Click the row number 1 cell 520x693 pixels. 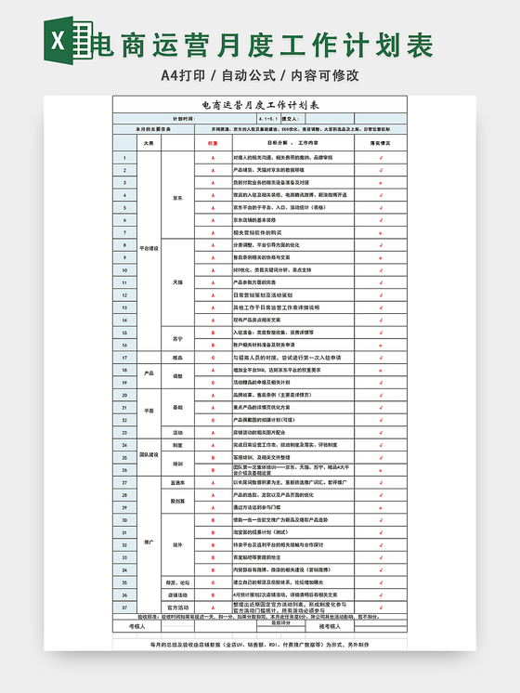click(x=124, y=159)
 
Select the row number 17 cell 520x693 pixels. click(x=124, y=357)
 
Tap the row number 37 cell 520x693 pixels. click(x=124, y=607)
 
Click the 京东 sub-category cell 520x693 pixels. click(x=178, y=197)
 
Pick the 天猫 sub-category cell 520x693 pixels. click(x=178, y=281)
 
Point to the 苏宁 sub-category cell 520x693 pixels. click(x=178, y=337)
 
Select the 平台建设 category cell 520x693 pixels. click(x=149, y=248)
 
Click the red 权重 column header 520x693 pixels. click(x=213, y=144)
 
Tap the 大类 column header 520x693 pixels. click(x=149, y=144)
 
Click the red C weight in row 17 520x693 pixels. click(x=213, y=357)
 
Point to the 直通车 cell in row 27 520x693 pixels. click(x=178, y=482)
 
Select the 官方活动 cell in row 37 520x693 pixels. click(x=178, y=607)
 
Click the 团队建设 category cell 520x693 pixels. click(x=149, y=455)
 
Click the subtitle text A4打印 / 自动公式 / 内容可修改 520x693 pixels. click(x=260, y=75)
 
